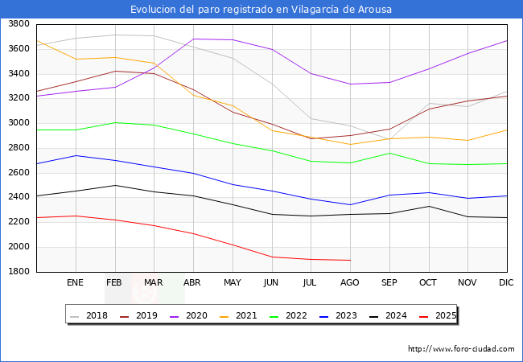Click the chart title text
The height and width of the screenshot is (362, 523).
(261, 10)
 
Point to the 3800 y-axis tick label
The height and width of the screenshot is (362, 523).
(19, 24)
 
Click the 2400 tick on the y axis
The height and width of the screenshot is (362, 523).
(19, 197)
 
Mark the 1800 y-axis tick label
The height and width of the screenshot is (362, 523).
(19, 272)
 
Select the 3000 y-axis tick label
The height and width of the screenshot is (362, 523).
(19, 123)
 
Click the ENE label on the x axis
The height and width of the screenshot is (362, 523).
(75, 283)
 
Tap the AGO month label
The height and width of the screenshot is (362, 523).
(350, 283)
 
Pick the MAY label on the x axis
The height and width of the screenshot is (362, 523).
(232, 283)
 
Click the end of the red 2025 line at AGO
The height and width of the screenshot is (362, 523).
(350, 260)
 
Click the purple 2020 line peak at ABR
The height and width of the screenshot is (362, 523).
(193, 39)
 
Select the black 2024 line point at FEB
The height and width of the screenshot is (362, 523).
(115, 185)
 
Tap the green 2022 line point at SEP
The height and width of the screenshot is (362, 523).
(389, 153)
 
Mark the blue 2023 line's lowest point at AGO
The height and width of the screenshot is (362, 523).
(350, 204)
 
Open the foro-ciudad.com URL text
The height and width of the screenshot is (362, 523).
(461, 349)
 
